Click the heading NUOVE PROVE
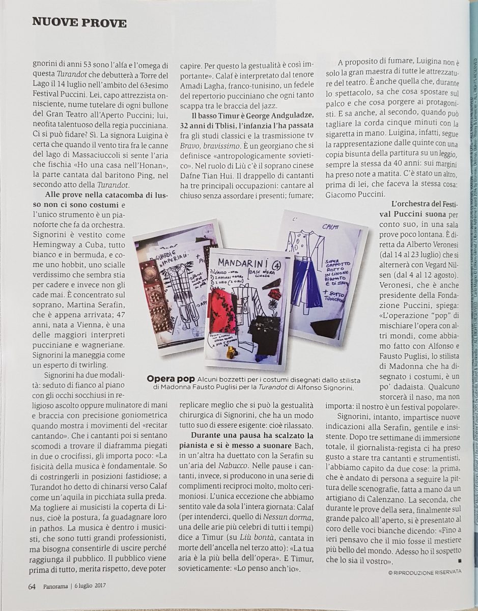79,22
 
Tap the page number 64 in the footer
32,586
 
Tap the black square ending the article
459,560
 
